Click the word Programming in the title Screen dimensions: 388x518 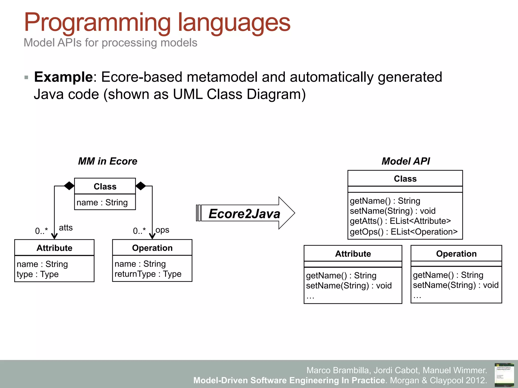pos(97,23)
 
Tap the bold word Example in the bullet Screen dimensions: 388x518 pos(63,77)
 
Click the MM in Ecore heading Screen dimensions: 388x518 pos(107,161)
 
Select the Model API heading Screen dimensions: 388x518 pos(405,161)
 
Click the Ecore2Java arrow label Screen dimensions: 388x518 pos(244,214)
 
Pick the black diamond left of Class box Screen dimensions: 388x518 pos(69,186)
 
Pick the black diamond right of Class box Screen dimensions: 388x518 pos(141,186)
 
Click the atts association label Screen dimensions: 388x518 pos(66,228)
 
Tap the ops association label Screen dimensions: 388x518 pos(162,230)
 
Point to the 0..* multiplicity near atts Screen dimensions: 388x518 pos(41,231)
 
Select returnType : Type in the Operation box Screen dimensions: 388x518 pos(148,274)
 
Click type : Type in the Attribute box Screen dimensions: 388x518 pos(38,274)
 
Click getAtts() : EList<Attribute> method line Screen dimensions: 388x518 pos(400,221)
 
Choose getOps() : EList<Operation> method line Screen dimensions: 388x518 pos(403,232)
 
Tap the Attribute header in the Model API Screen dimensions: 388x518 pos(353,254)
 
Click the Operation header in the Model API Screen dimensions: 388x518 pos(456,254)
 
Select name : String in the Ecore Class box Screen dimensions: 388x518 pos(102,202)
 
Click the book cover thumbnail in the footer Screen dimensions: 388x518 pos(504,375)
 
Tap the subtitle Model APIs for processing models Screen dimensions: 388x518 pos(110,43)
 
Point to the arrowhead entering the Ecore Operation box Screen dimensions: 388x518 pos(152,236)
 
